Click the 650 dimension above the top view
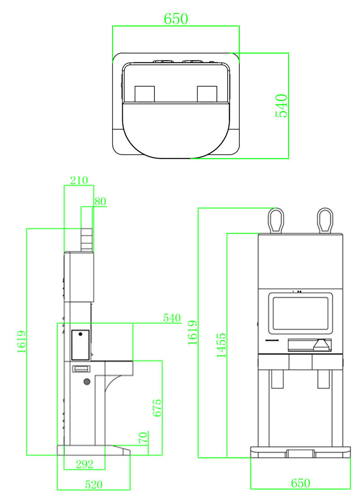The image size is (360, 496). point(175,18)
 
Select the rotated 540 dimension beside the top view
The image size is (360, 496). point(281,106)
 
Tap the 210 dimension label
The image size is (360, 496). point(79,180)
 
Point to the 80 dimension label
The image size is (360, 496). point(100,202)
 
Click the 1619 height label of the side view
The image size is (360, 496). point(22,342)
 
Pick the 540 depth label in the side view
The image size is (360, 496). point(172,318)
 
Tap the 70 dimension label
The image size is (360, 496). point(143,438)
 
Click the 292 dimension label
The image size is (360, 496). point(84,464)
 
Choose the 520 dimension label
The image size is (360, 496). point(94,484)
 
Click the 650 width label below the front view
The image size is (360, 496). point(300,483)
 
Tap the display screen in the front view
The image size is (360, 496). point(300,312)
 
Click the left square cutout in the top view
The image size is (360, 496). point(144,94)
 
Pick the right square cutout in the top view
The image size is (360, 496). point(207,94)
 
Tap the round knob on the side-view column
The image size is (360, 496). point(86,382)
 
